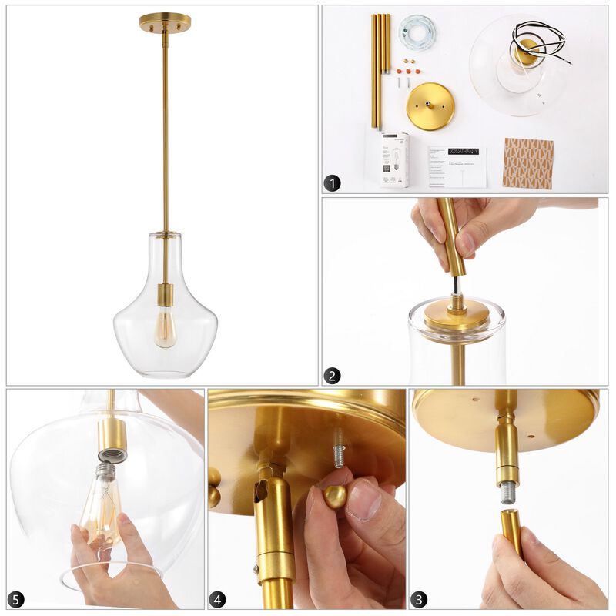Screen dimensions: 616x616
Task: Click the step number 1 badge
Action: click(332, 183)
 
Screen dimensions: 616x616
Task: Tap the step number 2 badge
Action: click(332, 376)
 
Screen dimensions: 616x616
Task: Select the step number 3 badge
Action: click(418, 599)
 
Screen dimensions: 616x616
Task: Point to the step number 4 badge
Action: click(218, 599)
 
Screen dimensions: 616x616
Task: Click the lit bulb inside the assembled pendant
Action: click(165, 328)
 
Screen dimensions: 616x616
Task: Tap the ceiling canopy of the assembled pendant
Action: click(165, 22)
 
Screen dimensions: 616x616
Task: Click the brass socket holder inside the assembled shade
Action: click(165, 294)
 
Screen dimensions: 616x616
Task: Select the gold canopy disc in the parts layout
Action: click(430, 106)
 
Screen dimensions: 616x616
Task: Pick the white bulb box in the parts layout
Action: click(395, 159)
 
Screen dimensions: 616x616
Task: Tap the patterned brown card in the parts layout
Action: click(527, 163)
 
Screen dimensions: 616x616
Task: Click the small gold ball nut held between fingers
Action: click(335, 497)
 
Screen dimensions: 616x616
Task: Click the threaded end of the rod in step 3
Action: click(507, 491)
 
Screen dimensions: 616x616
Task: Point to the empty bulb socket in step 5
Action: click(112, 454)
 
